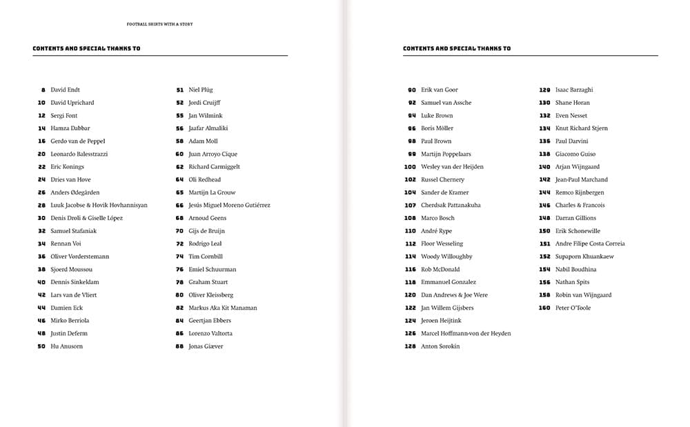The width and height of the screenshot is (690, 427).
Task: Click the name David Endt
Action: click(66, 90)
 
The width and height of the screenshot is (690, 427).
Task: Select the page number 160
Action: click(544, 308)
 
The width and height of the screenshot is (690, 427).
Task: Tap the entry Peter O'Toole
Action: click(573, 308)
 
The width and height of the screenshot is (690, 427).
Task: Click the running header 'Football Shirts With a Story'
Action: click(160, 24)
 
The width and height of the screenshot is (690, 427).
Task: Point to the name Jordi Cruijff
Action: click(204, 103)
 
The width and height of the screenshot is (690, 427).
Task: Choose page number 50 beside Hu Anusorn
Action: click(41, 346)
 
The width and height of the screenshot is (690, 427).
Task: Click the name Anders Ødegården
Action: click(75, 192)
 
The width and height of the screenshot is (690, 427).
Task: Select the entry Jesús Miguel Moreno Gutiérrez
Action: click(229, 205)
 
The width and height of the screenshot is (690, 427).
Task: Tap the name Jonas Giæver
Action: click(206, 346)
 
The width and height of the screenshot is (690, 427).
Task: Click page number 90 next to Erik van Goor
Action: click(412, 90)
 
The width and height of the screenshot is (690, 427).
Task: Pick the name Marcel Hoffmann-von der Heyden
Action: click(466, 333)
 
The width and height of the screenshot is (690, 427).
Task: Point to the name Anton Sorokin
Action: click(440, 346)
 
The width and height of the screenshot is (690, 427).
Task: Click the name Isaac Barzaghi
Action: click(574, 90)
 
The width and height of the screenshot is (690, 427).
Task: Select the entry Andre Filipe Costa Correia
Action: click(590, 244)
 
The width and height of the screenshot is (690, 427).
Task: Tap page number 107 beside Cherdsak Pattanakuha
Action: click(410, 205)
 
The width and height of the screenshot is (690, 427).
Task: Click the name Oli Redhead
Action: click(204, 179)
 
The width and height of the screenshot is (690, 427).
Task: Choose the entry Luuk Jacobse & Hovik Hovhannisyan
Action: click(99, 205)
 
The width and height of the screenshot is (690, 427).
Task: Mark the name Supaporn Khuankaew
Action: click(584, 257)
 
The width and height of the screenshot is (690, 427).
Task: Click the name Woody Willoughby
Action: click(446, 257)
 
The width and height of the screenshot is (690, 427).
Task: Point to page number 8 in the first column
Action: click(43, 90)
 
